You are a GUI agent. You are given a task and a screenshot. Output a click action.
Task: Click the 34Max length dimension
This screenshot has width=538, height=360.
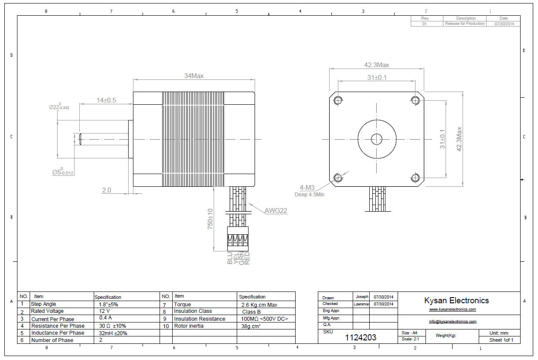tap(194, 75)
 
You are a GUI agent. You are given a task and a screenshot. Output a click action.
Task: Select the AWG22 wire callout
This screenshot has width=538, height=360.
tap(276, 211)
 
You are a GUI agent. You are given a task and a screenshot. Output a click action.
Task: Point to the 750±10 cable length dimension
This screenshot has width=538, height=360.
tap(210, 219)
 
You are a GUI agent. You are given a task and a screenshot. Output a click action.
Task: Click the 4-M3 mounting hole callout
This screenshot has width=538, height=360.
tap(307, 188)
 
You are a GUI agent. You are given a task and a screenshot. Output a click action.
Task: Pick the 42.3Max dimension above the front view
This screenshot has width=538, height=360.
tap(377, 65)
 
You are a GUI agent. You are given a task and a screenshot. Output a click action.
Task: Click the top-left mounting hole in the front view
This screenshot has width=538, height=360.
tap(338, 100)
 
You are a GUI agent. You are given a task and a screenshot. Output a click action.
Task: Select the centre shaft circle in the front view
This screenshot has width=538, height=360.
tap(376, 139)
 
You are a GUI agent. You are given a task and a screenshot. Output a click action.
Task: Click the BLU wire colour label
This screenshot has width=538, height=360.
tap(230, 258)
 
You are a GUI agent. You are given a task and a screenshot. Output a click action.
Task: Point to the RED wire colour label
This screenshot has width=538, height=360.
tap(247, 258)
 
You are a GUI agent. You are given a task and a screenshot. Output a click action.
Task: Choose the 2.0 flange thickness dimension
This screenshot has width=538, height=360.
tap(106, 190)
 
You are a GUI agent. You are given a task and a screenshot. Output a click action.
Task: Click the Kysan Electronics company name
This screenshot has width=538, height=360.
tap(456, 300)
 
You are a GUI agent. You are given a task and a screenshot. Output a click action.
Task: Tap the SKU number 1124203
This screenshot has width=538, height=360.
tap(361, 337)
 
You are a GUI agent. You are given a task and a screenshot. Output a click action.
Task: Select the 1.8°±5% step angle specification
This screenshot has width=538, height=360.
tap(109, 304)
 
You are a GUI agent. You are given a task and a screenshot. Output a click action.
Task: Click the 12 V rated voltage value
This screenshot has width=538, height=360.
tap(105, 311)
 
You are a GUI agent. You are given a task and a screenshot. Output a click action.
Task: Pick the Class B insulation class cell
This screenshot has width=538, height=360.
tap(251, 312)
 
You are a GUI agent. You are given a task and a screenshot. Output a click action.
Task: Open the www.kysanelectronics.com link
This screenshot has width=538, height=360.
tap(452, 309)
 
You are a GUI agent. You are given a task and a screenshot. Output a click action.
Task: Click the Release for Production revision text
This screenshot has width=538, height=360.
tap(464, 24)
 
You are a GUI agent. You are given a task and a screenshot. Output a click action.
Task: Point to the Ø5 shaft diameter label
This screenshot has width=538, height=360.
tap(63, 172)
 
